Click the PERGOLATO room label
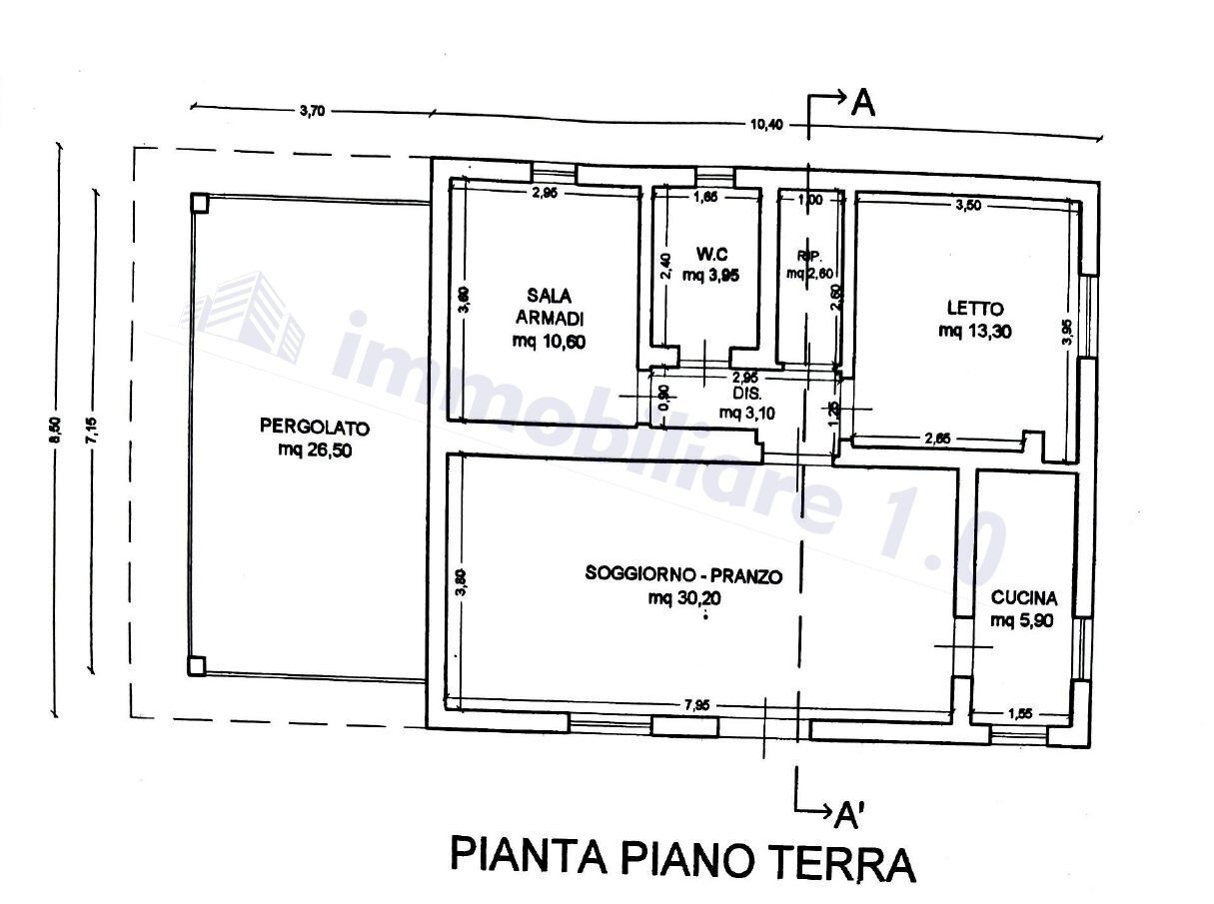pyautogui.click(x=315, y=428)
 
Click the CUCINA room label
pyautogui.click(x=1024, y=598)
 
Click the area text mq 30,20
pyautogui.click(x=683, y=598)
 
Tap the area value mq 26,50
pyautogui.click(x=315, y=451)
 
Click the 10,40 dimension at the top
pyautogui.click(x=765, y=124)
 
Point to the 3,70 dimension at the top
pyautogui.click(x=312, y=111)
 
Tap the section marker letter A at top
pyautogui.click(x=862, y=103)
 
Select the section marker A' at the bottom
pyautogui.click(x=848, y=816)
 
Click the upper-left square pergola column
pyautogui.click(x=199, y=203)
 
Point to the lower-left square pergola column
pyautogui.click(x=197, y=665)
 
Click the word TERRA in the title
pyautogui.click(x=836, y=861)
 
